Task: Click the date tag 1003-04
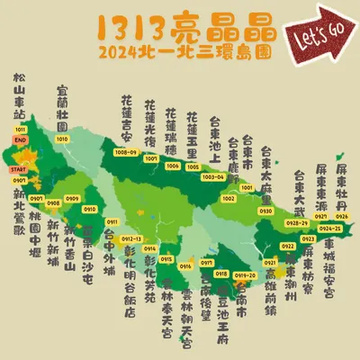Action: pos(213,177)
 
